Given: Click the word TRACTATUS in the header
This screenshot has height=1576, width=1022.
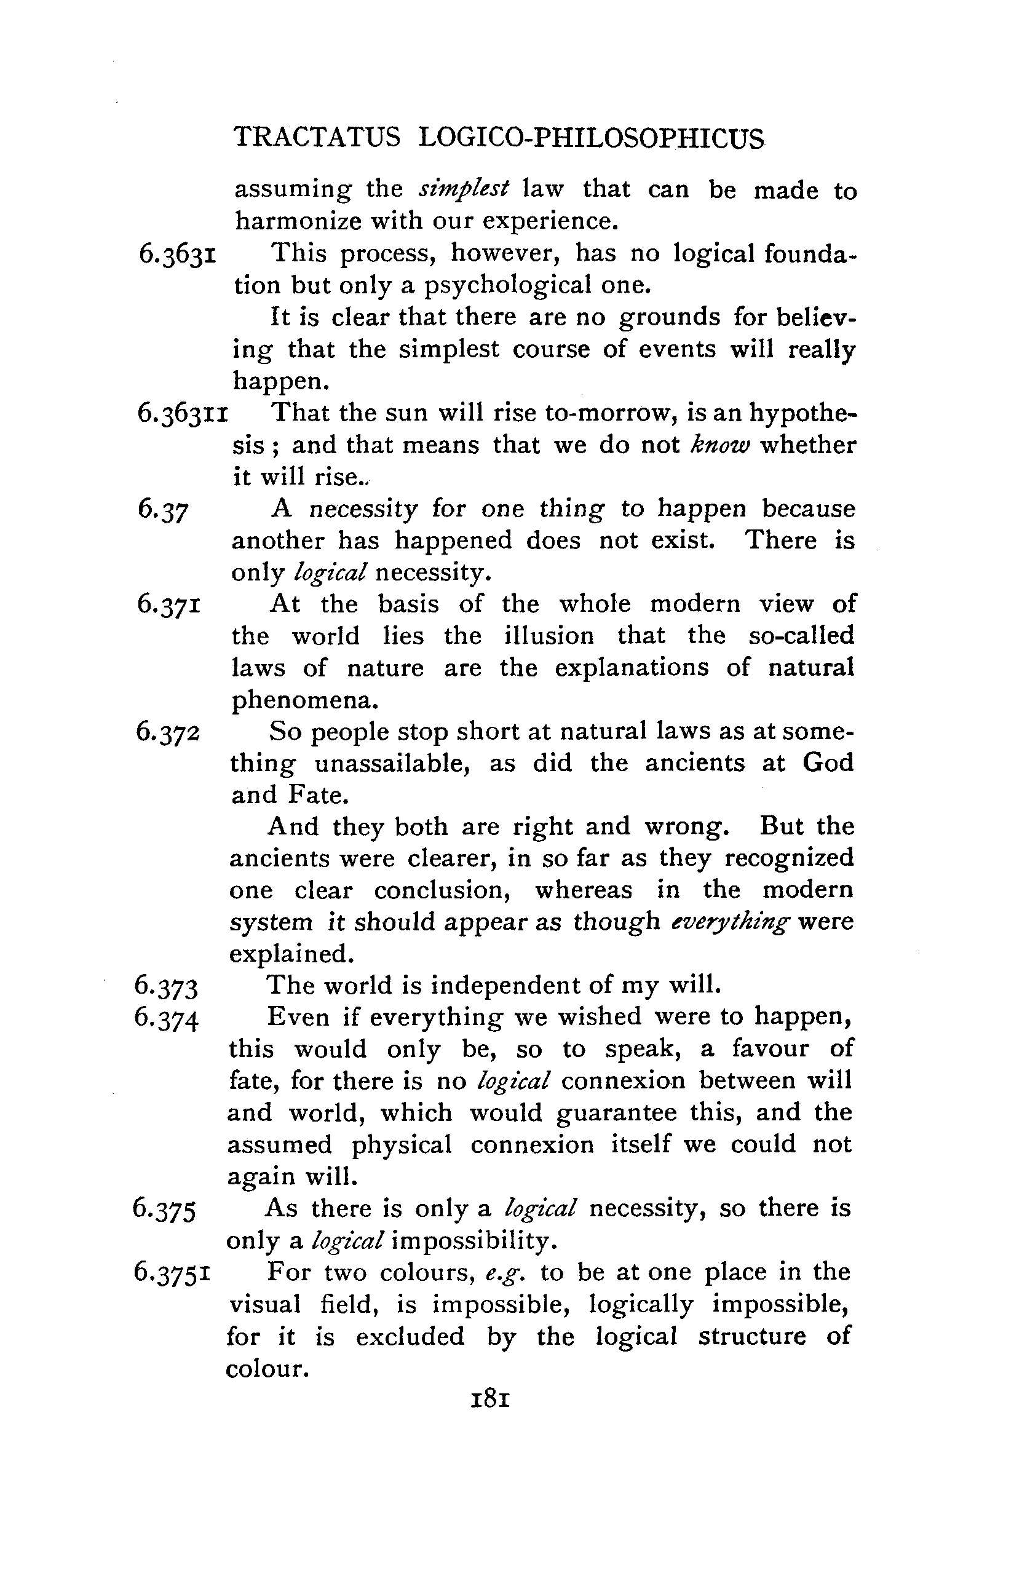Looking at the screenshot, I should [x=317, y=138].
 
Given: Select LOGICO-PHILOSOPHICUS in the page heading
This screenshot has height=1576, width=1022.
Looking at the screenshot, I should [x=592, y=138].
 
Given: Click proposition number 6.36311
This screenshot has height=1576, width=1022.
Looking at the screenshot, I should [x=183, y=413].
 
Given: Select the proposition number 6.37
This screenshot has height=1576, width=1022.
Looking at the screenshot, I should [x=163, y=510].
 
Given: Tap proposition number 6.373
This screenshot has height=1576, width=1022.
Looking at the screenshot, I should [x=165, y=987].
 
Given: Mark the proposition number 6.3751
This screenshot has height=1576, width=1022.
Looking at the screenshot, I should [x=172, y=1272].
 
